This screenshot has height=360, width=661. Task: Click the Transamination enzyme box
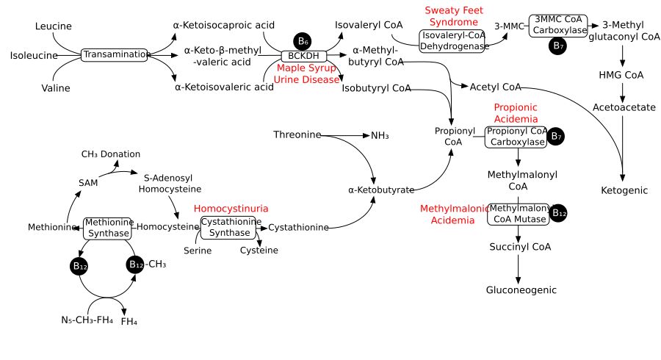(x=114, y=55)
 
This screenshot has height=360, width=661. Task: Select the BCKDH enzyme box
(x=303, y=56)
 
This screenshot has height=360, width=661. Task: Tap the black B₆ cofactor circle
(x=303, y=41)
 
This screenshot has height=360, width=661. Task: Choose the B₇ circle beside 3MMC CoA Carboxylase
(x=558, y=46)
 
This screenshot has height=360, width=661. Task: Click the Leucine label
(x=53, y=26)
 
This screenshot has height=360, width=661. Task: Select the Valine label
(x=56, y=88)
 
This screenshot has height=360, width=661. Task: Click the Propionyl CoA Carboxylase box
(x=516, y=137)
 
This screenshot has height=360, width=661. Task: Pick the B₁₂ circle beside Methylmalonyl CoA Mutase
(x=559, y=213)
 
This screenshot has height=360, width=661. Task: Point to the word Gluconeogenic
(x=521, y=290)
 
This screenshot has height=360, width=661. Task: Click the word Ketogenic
(x=624, y=190)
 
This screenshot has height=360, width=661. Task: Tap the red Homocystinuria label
(x=231, y=209)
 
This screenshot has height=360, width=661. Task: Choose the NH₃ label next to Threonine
(x=380, y=135)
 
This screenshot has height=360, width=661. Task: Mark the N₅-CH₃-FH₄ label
(x=87, y=320)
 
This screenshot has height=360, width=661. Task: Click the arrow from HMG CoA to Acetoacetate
(x=623, y=91)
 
